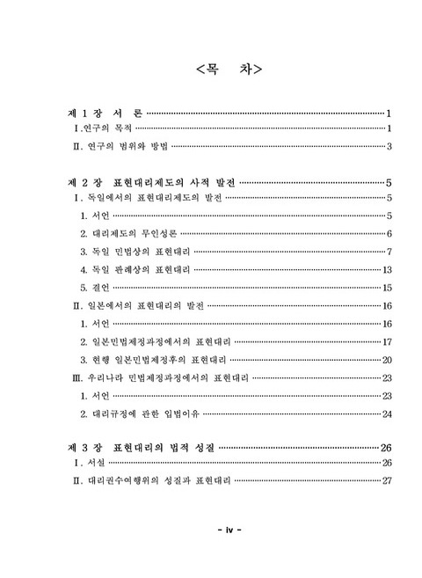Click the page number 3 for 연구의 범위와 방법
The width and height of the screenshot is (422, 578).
(389, 146)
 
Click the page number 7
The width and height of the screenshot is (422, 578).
(389, 252)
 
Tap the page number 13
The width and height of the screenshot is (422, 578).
(387, 269)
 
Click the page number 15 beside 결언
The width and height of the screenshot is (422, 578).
(387, 288)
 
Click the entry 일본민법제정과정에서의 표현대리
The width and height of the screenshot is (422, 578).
(157, 341)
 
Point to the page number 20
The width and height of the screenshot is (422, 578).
(387, 360)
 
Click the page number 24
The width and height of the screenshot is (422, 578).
(387, 413)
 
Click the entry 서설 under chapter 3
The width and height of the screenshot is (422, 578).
(91, 464)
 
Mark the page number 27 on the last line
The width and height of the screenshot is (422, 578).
(387, 481)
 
